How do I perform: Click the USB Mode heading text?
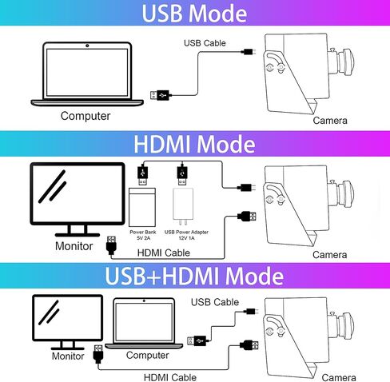[194, 13]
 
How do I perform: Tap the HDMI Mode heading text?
[194, 144]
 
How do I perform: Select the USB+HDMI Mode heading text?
[194, 276]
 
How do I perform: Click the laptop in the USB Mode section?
[87, 74]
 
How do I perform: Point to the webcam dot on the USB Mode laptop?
[87, 46]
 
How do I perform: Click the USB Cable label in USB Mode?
[205, 43]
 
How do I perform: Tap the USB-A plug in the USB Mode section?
[160, 95]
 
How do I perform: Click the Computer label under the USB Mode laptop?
[86, 116]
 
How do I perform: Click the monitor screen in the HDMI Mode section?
[78, 193]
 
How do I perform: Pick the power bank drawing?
[142, 207]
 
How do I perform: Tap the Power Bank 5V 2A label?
[143, 235]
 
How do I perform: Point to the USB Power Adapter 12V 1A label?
[186, 235]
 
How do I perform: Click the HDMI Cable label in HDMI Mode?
[164, 253]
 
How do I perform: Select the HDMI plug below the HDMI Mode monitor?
[111, 245]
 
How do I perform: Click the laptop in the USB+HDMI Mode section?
[144, 324]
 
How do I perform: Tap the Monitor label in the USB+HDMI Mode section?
[68, 356]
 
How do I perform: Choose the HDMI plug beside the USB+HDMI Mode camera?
[249, 345]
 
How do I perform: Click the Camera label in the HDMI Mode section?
[330, 255]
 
